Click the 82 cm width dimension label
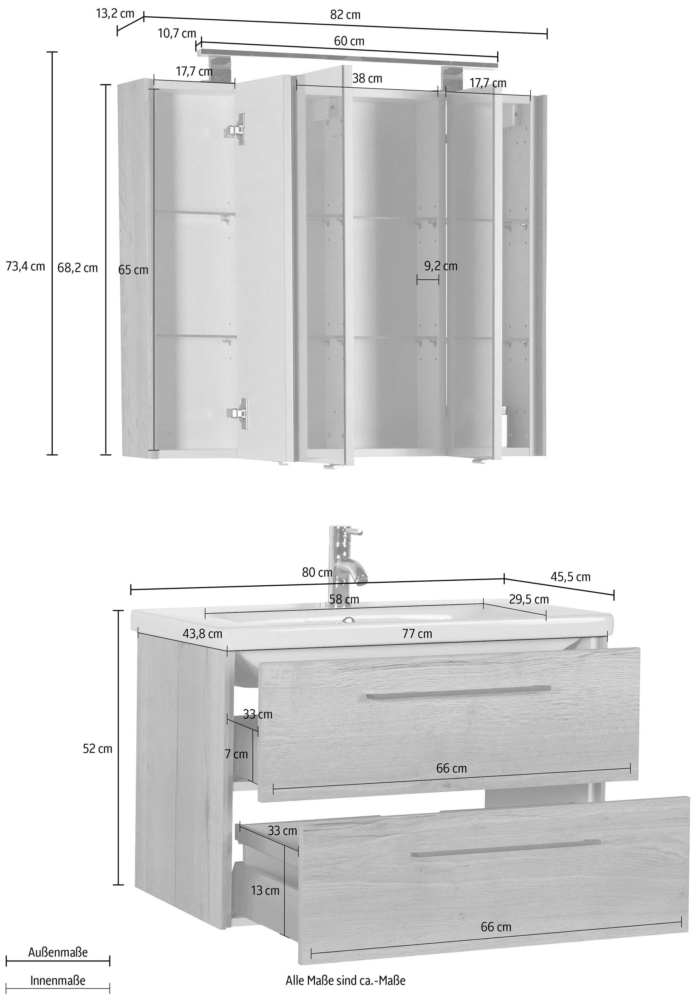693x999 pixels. pyautogui.click(x=345, y=15)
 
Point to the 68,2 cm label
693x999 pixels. pyautogui.click(x=78, y=268)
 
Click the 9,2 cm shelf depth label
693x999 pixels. pyautogui.click(x=441, y=266)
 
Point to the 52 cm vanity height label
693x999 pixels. pyautogui.click(x=98, y=749)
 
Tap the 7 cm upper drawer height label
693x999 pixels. pyautogui.click(x=236, y=754)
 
